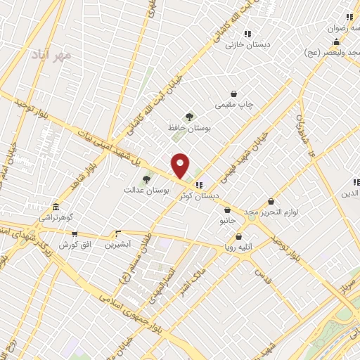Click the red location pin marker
coord(181,165)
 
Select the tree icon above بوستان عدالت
coord(146,179)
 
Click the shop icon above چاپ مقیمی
coord(234,94)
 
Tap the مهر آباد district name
coord(51,53)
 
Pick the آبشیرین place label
coord(117,245)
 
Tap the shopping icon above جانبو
coord(226,210)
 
